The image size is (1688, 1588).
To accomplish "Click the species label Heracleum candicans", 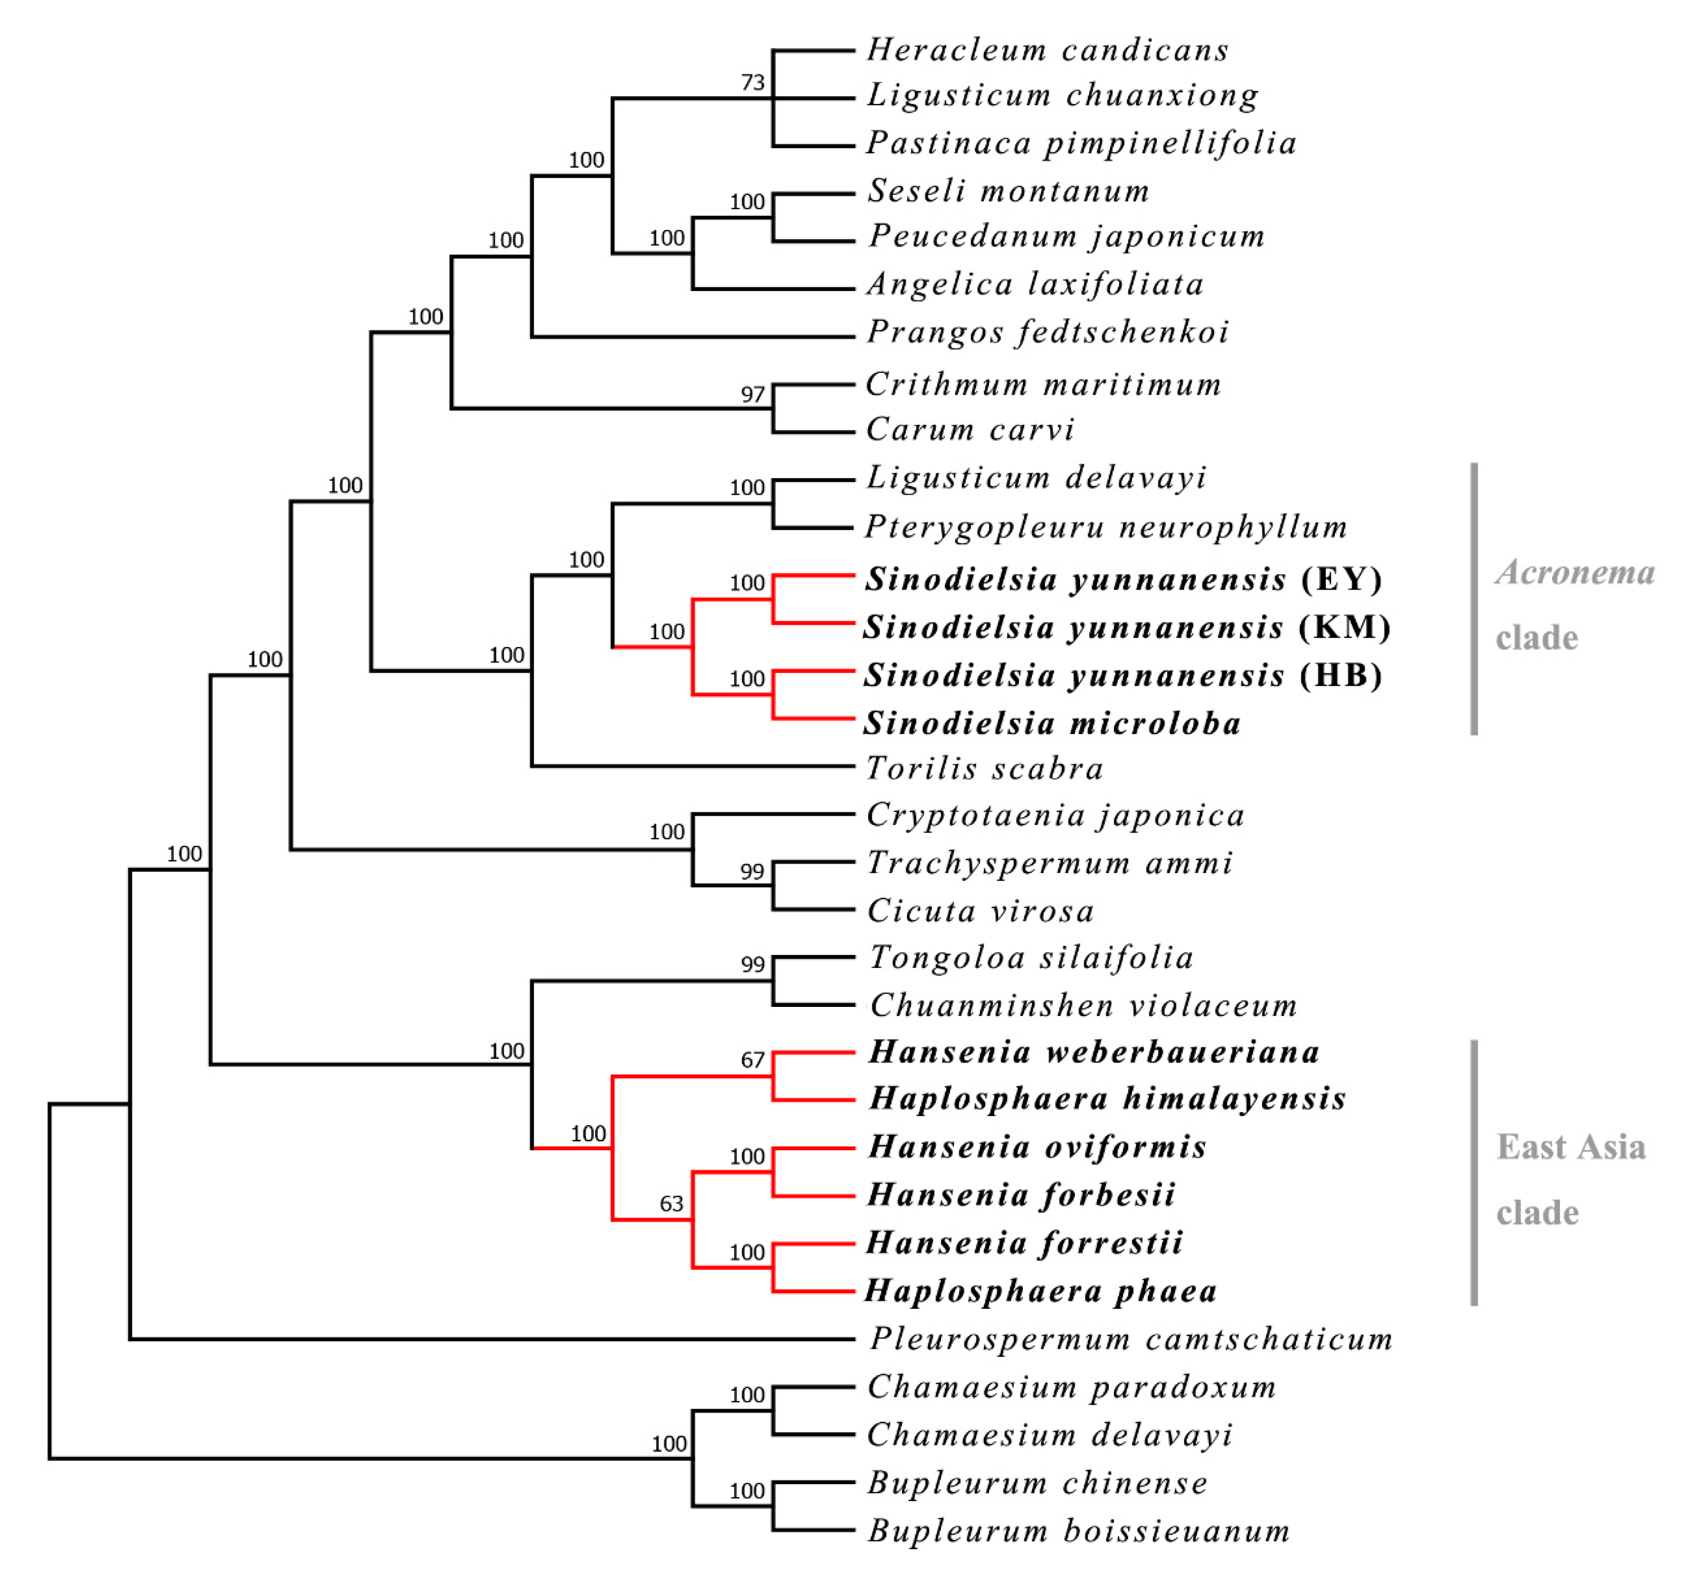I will [x=1047, y=50].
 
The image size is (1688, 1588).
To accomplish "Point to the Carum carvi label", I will [x=970, y=430].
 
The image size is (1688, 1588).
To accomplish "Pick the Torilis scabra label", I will [x=985, y=769].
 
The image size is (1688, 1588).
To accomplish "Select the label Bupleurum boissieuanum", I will [x=1078, y=1532].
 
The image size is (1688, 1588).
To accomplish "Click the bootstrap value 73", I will [x=752, y=82].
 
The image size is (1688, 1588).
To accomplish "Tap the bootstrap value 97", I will [x=752, y=395].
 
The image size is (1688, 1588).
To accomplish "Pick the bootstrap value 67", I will [x=752, y=1060].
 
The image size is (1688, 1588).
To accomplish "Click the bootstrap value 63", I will [x=672, y=1204].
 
